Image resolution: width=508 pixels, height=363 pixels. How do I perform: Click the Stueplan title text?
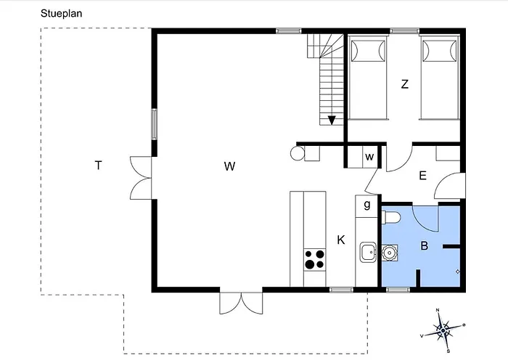[x=61, y=14]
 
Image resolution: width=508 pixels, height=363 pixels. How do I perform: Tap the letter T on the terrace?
[x=98, y=166]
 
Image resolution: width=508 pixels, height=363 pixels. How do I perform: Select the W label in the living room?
[x=229, y=166]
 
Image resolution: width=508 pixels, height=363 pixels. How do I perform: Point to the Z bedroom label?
[x=405, y=84]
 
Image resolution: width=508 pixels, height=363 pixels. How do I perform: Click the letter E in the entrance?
[x=422, y=176]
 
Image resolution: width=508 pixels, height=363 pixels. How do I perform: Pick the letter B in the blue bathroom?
[x=424, y=245]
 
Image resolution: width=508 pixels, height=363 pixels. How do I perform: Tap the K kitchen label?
[x=341, y=240]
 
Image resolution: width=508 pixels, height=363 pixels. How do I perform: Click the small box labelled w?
[x=369, y=157]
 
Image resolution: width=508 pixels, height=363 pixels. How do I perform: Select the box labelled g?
[x=366, y=206]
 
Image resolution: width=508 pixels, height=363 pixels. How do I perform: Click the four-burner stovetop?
[x=314, y=260]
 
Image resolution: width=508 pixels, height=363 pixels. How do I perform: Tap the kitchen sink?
[x=368, y=252]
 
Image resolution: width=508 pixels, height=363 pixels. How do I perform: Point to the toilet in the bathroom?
[x=390, y=218]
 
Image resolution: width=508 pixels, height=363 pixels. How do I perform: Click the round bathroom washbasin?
[x=388, y=252]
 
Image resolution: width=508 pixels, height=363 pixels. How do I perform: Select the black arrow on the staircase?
[x=332, y=121]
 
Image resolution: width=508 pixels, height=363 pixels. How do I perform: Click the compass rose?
[x=443, y=330]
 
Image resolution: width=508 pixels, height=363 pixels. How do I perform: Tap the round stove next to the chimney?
[x=298, y=153]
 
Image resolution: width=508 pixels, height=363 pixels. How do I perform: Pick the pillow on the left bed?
[x=368, y=51]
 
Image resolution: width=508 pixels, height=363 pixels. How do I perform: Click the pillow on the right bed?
[x=439, y=51]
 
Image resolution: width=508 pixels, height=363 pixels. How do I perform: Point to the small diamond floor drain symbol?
[x=457, y=272]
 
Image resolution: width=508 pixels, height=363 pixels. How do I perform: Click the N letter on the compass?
[x=438, y=310]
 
